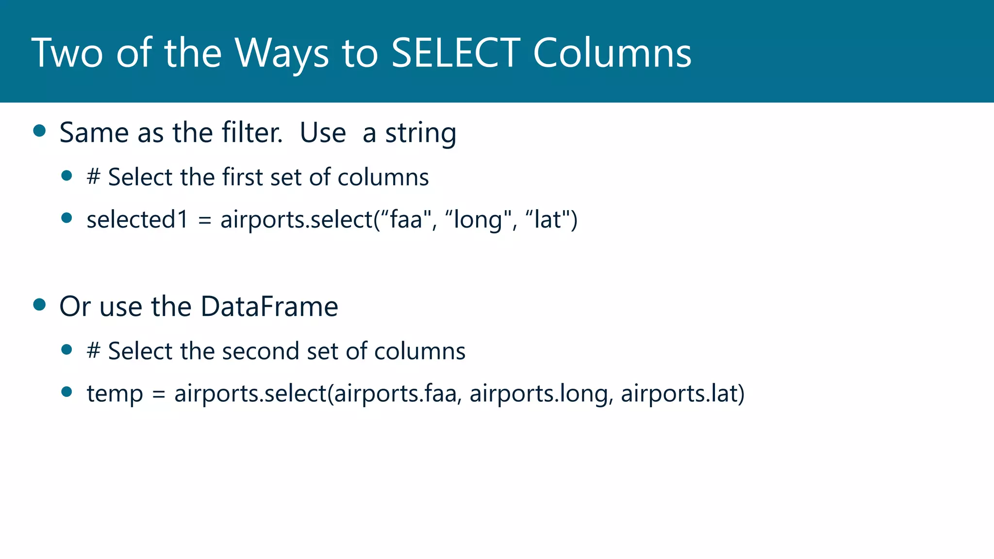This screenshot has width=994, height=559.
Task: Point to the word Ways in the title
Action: (x=282, y=53)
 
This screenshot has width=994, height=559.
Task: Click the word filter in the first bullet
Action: (x=252, y=132)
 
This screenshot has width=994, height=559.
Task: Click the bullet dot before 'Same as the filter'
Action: (x=39, y=131)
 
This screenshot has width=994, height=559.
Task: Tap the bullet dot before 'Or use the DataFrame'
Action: (x=39, y=305)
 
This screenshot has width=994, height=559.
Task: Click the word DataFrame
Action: (x=269, y=307)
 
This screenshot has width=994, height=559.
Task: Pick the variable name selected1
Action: (x=137, y=219)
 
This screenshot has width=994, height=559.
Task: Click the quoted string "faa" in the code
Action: (x=406, y=219)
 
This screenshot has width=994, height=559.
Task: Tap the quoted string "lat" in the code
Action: (x=547, y=219)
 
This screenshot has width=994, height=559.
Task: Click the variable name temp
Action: (x=115, y=394)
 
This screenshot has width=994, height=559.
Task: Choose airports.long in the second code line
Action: (x=539, y=394)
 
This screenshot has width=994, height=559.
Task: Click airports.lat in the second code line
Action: (x=679, y=393)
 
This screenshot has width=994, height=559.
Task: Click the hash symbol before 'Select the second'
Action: (x=93, y=351)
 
